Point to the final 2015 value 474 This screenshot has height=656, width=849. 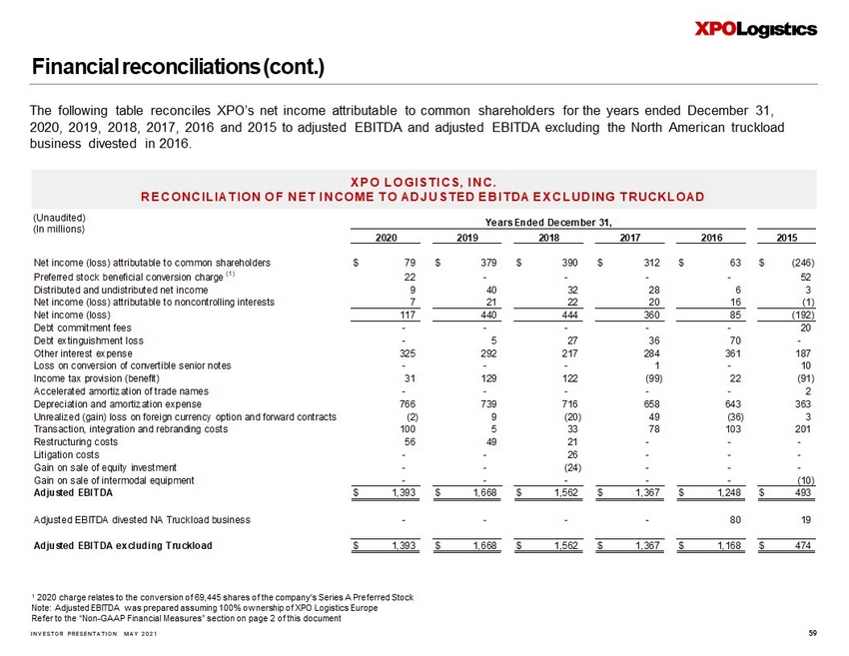point(801,545)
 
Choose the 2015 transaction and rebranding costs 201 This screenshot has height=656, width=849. point(802,428)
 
